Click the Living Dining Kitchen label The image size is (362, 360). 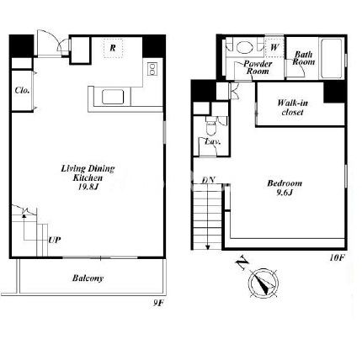(x=88, y=177)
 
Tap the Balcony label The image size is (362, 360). (x=88, y=278)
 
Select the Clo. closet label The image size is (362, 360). (x=22, y=90)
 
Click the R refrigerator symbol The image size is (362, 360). (x=113, y=48)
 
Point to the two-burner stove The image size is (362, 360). (x=152, y=69)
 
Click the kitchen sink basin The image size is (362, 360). (x=113, y=97)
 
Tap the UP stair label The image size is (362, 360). (x=55, y=240)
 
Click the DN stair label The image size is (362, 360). (x=209, y=180)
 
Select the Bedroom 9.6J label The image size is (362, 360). (x=285, y=188)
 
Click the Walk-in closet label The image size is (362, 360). (x=292, y=108)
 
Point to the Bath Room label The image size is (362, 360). (x=303, y=58)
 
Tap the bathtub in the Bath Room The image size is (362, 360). (x=331, y=58)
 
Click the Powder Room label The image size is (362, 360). (x=258, y=67)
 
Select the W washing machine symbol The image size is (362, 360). (x=274, y=47)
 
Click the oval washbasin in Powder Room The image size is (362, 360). (x=244, y=47)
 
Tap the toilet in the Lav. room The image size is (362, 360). (x=210, y=127)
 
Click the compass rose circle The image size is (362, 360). (x=264, y=283)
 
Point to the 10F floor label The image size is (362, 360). (x=337, y=257)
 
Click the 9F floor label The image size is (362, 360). (x=158, y=303)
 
